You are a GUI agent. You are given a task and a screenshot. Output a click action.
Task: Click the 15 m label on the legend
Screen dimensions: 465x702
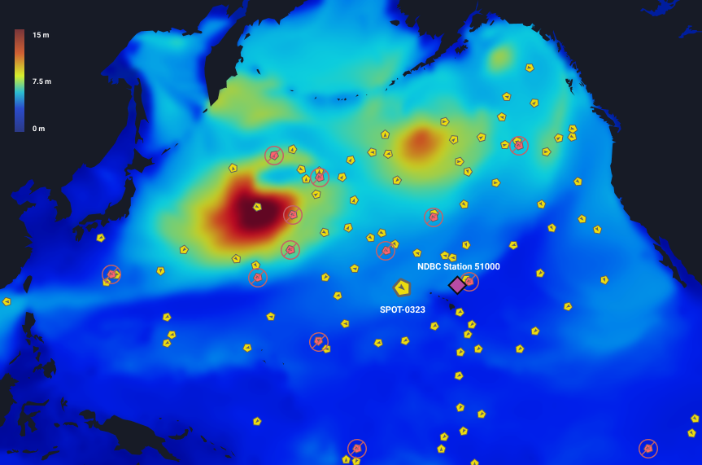pyautogui.click(x=41, y=35)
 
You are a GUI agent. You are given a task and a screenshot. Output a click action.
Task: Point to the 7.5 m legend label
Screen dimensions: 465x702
pyautogui.click(x=41, y=81)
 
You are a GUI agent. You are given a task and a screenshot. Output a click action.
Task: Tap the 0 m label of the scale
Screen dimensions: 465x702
pyautogui.click(x=39, y=129)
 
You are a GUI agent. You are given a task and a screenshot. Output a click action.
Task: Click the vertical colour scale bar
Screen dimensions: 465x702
pyautogui.click(x=20, y=81)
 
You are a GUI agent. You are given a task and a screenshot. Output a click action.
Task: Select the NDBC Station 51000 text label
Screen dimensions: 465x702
pyautogui.click(x=459, y=266)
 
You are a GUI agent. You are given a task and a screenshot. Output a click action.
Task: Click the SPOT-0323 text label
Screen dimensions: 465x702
pyautogui.click(x=403, y=309)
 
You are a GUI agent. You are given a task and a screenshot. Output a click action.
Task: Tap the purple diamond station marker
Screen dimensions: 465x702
pyautogui.click(x=457, y=285)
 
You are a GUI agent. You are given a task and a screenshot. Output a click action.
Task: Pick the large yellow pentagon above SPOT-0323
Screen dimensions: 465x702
pyautogui.click(x=402, y=287)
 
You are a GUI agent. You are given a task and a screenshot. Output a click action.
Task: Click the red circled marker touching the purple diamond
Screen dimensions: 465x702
pyautogui.click(x=469, y=282)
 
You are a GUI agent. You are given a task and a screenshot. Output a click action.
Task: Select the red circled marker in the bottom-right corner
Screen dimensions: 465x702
pyautogui.click(x=648, y=449)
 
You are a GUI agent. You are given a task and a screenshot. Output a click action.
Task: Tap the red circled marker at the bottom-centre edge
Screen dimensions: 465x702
pyautogui.click(x=357, y=449)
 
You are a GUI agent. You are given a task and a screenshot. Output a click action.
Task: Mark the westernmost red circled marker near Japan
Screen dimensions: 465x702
pyautogui.click(x=111, y=274)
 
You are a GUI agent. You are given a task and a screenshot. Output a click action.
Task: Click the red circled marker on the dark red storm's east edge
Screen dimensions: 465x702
pyautogui.click(x=293, y=215)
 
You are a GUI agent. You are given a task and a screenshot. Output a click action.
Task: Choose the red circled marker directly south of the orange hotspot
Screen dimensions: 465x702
pyautogui.click(x=434, y=217)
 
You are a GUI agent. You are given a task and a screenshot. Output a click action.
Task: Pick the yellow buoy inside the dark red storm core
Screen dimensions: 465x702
pyautogui.click(x=257, y=207)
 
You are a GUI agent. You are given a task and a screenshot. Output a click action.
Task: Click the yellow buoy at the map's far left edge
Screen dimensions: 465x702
pyautogui.click(x=7, y=301)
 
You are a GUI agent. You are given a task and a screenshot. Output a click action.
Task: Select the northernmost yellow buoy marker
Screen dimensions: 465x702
pyautogui.click(x=530, y=68)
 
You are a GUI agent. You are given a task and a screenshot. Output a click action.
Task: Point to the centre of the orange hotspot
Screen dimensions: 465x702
pyautogui.click(x=421, y=143)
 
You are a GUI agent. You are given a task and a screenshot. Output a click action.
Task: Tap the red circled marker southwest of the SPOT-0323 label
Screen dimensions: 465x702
pyautogui.click(x=319, y=342)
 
